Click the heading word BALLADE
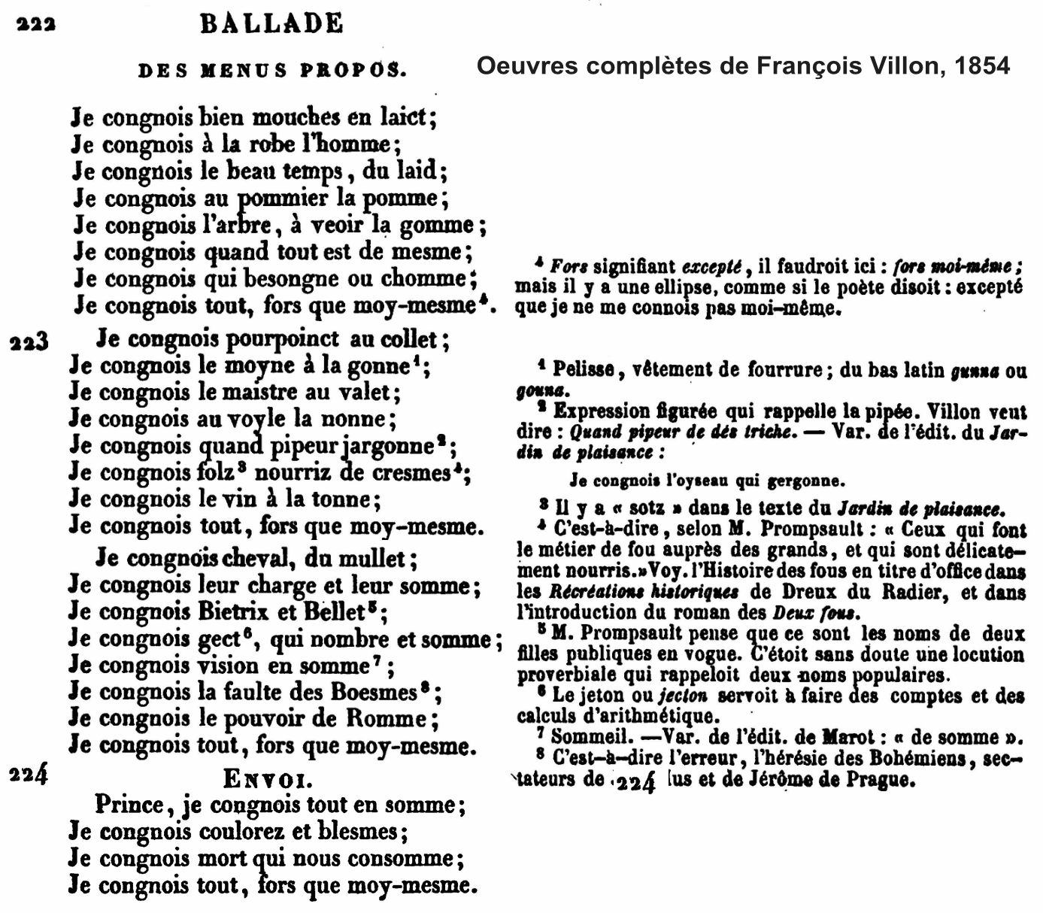pyautogui.click(x=271, y=24)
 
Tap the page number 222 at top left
pyautogui.click(x=35, y=24)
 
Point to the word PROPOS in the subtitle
pyautogui.click(x=353, y=71)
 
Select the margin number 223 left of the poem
pyautogui.click(x=29, y=342)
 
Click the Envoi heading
pyautogui.click(x=268, y=778)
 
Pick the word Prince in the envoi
pyautogui.click(x=130, y=805)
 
